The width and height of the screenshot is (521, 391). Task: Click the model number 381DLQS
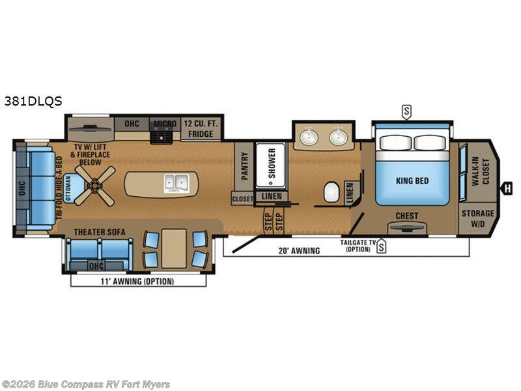tap(33, 101)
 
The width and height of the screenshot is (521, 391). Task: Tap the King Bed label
tap(412, 181)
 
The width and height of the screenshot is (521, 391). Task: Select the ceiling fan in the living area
tap(94, 185)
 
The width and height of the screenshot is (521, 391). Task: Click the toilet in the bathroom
tap(331, 192)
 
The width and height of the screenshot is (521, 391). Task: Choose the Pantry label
tap(245, 166)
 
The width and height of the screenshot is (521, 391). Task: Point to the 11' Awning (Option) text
tap(139, 282)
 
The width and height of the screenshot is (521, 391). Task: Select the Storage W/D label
tap(477, 218)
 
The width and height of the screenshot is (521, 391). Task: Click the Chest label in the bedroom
tap(407, 216)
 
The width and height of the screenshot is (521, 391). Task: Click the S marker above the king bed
tap(406, 111)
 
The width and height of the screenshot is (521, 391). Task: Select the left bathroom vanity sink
tap(309, 137)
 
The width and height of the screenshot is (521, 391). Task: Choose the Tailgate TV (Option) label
tap(358, 246)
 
